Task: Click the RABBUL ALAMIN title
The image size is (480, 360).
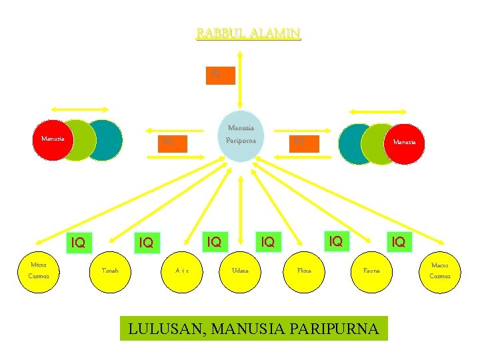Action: pyautogui.click(x=248, y=33)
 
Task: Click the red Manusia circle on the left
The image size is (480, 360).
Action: pyautogui.click(x=51, y=139)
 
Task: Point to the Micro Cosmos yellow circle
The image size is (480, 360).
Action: pyautogui.click(x=38, y=270)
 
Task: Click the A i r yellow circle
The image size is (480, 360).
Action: pyautogui.click(x=182, y=271)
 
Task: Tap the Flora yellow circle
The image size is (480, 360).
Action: pyautogui.click(x=303, y=271)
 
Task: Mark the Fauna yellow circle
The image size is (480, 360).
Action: pyautogui.click(x=372, y=271)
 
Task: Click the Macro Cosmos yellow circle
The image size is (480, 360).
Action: pyautogui.click(x=439, y=270)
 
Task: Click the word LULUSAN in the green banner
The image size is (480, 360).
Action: pyautogui.click(x=161, y=329)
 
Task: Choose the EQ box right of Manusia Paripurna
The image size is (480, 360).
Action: pyautogui.click(x=300, y=142)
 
